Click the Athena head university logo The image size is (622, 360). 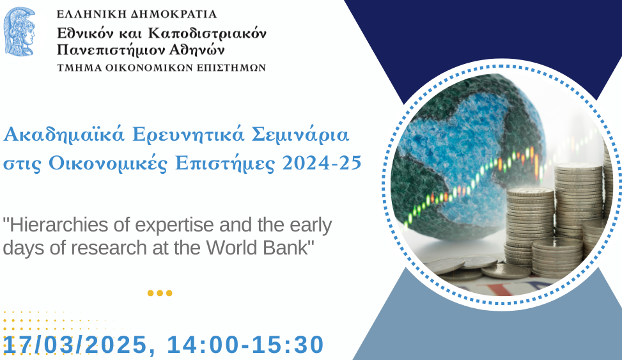tap(19, 31)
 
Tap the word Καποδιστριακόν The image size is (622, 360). tap(207, 34)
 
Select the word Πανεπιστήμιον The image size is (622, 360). tap(109, 51)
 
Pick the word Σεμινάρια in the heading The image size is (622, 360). tap(300, 134)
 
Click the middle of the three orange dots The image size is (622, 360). tap(160, 293)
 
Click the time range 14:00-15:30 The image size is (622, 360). tap(245, 345)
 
